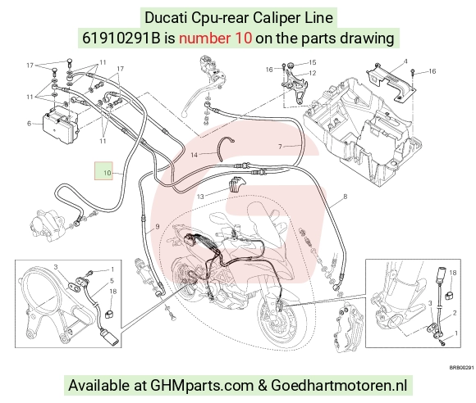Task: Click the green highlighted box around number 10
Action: click(103, 171)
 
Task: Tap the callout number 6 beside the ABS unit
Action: click(30, 124)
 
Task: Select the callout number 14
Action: click(194, 155)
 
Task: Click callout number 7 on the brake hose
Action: click(280, 147)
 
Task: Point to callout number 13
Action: click(200, 197)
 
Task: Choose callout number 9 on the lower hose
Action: click(158, 226)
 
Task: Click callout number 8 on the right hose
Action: click(346, 197)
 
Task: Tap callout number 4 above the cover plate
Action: click(405, 61)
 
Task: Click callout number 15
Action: click(313, 62)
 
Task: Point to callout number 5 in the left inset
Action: click(112, 281)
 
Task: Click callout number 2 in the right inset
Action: click(455, 313)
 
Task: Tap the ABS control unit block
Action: click(60, 127)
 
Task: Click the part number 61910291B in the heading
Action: click(121, 38)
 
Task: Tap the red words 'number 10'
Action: click(215, 38)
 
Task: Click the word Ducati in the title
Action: click(166, 17)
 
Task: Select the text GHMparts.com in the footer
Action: click(202, 386)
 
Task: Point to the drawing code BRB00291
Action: click(461, 368)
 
